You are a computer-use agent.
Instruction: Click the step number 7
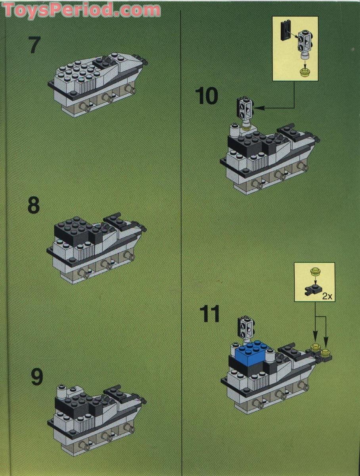[x=35, y=45]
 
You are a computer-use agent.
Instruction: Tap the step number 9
[x=36, y=377]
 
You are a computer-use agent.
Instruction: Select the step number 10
[x=207, y=96]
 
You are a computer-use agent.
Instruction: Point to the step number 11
[x=209, y=315]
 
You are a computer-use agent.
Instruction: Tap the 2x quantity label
[x=327, y=296]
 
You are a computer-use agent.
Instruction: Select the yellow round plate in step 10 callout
[x=305, y=72]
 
